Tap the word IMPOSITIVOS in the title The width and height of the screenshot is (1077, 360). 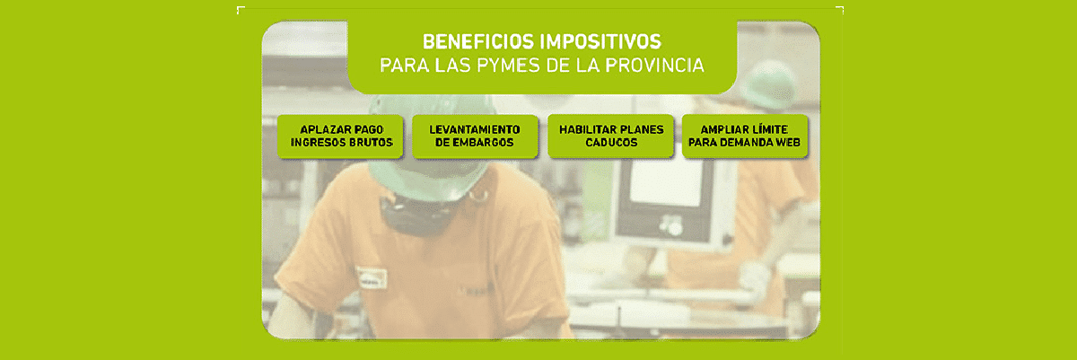(600, 42)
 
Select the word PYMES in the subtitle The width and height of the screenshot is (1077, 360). (509, 66)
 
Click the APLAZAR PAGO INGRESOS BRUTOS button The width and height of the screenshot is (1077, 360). (340, 136)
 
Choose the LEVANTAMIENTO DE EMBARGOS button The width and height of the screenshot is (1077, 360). (475, 136)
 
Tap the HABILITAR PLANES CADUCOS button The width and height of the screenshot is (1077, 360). (610, 136)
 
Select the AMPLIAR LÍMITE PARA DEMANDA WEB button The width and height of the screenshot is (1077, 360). (745, 136)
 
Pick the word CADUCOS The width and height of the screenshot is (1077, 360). (611, 143)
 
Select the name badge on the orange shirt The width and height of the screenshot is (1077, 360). (372, 277)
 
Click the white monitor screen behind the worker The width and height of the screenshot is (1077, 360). (666, 183)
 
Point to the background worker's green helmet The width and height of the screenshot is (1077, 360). (768, 84)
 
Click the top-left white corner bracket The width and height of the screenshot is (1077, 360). (240, 9)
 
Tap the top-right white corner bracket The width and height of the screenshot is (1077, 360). (840, 9)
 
